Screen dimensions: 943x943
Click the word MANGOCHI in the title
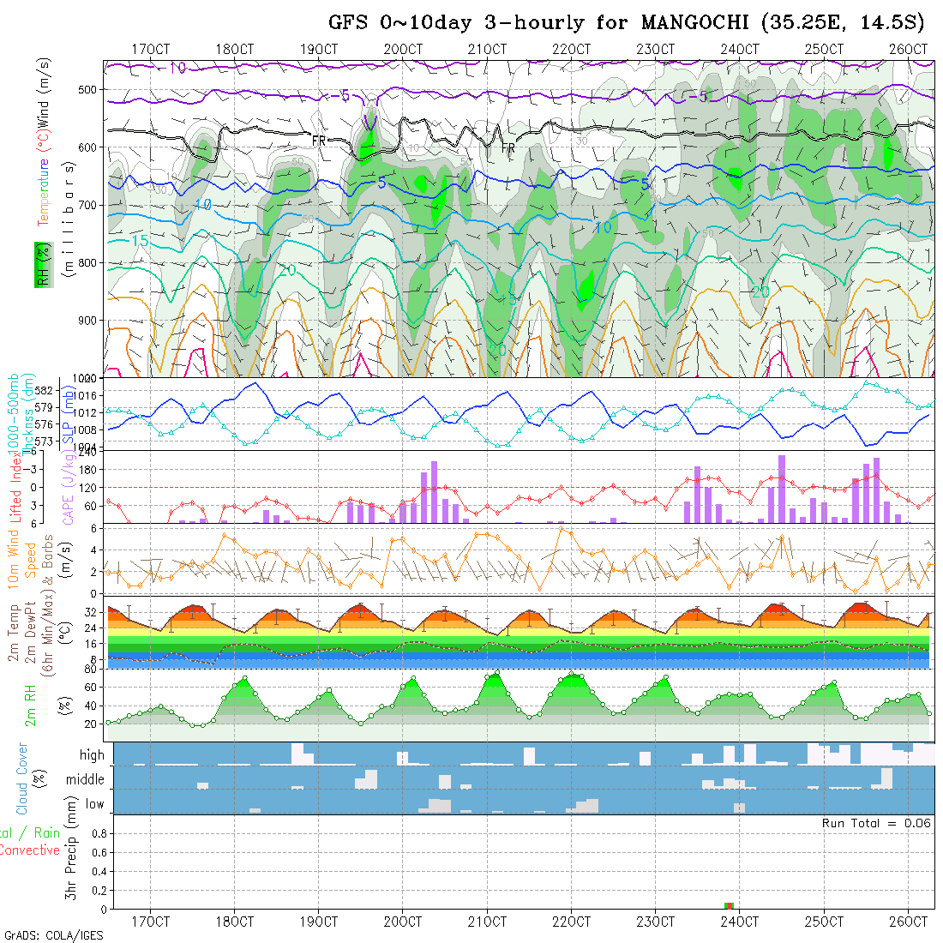click(681, 22)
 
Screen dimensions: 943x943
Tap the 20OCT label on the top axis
click(403, 49)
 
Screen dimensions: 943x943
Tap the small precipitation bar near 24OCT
click(730, 905)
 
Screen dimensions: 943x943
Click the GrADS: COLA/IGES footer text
click(53, 935)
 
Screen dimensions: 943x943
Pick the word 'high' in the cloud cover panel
click(92, 755)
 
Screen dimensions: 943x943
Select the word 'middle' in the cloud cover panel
click(85, 780)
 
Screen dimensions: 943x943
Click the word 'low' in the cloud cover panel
click(94, 804)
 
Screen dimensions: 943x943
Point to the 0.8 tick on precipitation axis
click(96, 832)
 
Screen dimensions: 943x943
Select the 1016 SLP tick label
click(89, 396)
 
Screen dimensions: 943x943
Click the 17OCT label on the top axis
click(150, 49)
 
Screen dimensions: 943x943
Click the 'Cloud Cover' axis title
click(22, 778)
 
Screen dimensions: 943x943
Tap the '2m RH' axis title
click(30, 705)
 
